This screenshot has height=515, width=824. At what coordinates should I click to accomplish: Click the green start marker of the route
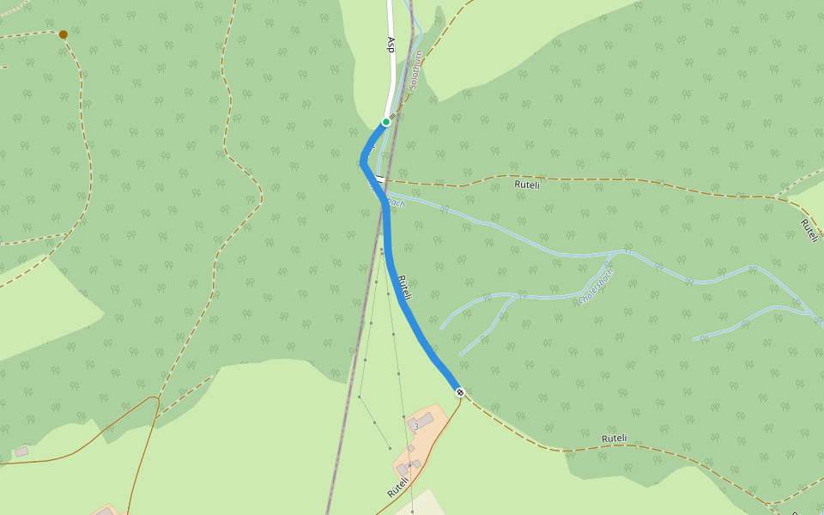[x=386, y=122]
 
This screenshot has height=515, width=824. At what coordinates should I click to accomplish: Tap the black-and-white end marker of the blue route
[x=460, y=392]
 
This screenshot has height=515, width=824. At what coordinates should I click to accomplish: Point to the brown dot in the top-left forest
[x=63, y=34]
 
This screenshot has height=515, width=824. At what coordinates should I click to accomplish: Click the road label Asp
[x=391, y=45]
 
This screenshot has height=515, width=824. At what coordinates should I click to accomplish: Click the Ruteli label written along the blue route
[x=406, y=288]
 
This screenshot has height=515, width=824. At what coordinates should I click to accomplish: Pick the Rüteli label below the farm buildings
[x=397, y=488]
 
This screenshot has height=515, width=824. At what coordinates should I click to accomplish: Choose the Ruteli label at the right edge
[x=809, y=229]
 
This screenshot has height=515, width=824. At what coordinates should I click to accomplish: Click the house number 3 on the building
[x=415, y=426]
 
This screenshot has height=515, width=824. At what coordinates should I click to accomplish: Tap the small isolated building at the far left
[x=21, y=451]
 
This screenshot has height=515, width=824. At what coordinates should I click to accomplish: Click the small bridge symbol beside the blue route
[x=379, y=178]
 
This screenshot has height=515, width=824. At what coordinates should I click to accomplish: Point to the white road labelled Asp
[x=392, y=77]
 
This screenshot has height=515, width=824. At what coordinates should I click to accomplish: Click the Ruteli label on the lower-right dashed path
[x=614, y=439]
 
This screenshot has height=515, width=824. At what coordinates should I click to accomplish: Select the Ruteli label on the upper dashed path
[x=527, y=184]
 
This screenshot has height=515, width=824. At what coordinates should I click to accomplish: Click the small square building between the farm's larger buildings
[x=411, y=448]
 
